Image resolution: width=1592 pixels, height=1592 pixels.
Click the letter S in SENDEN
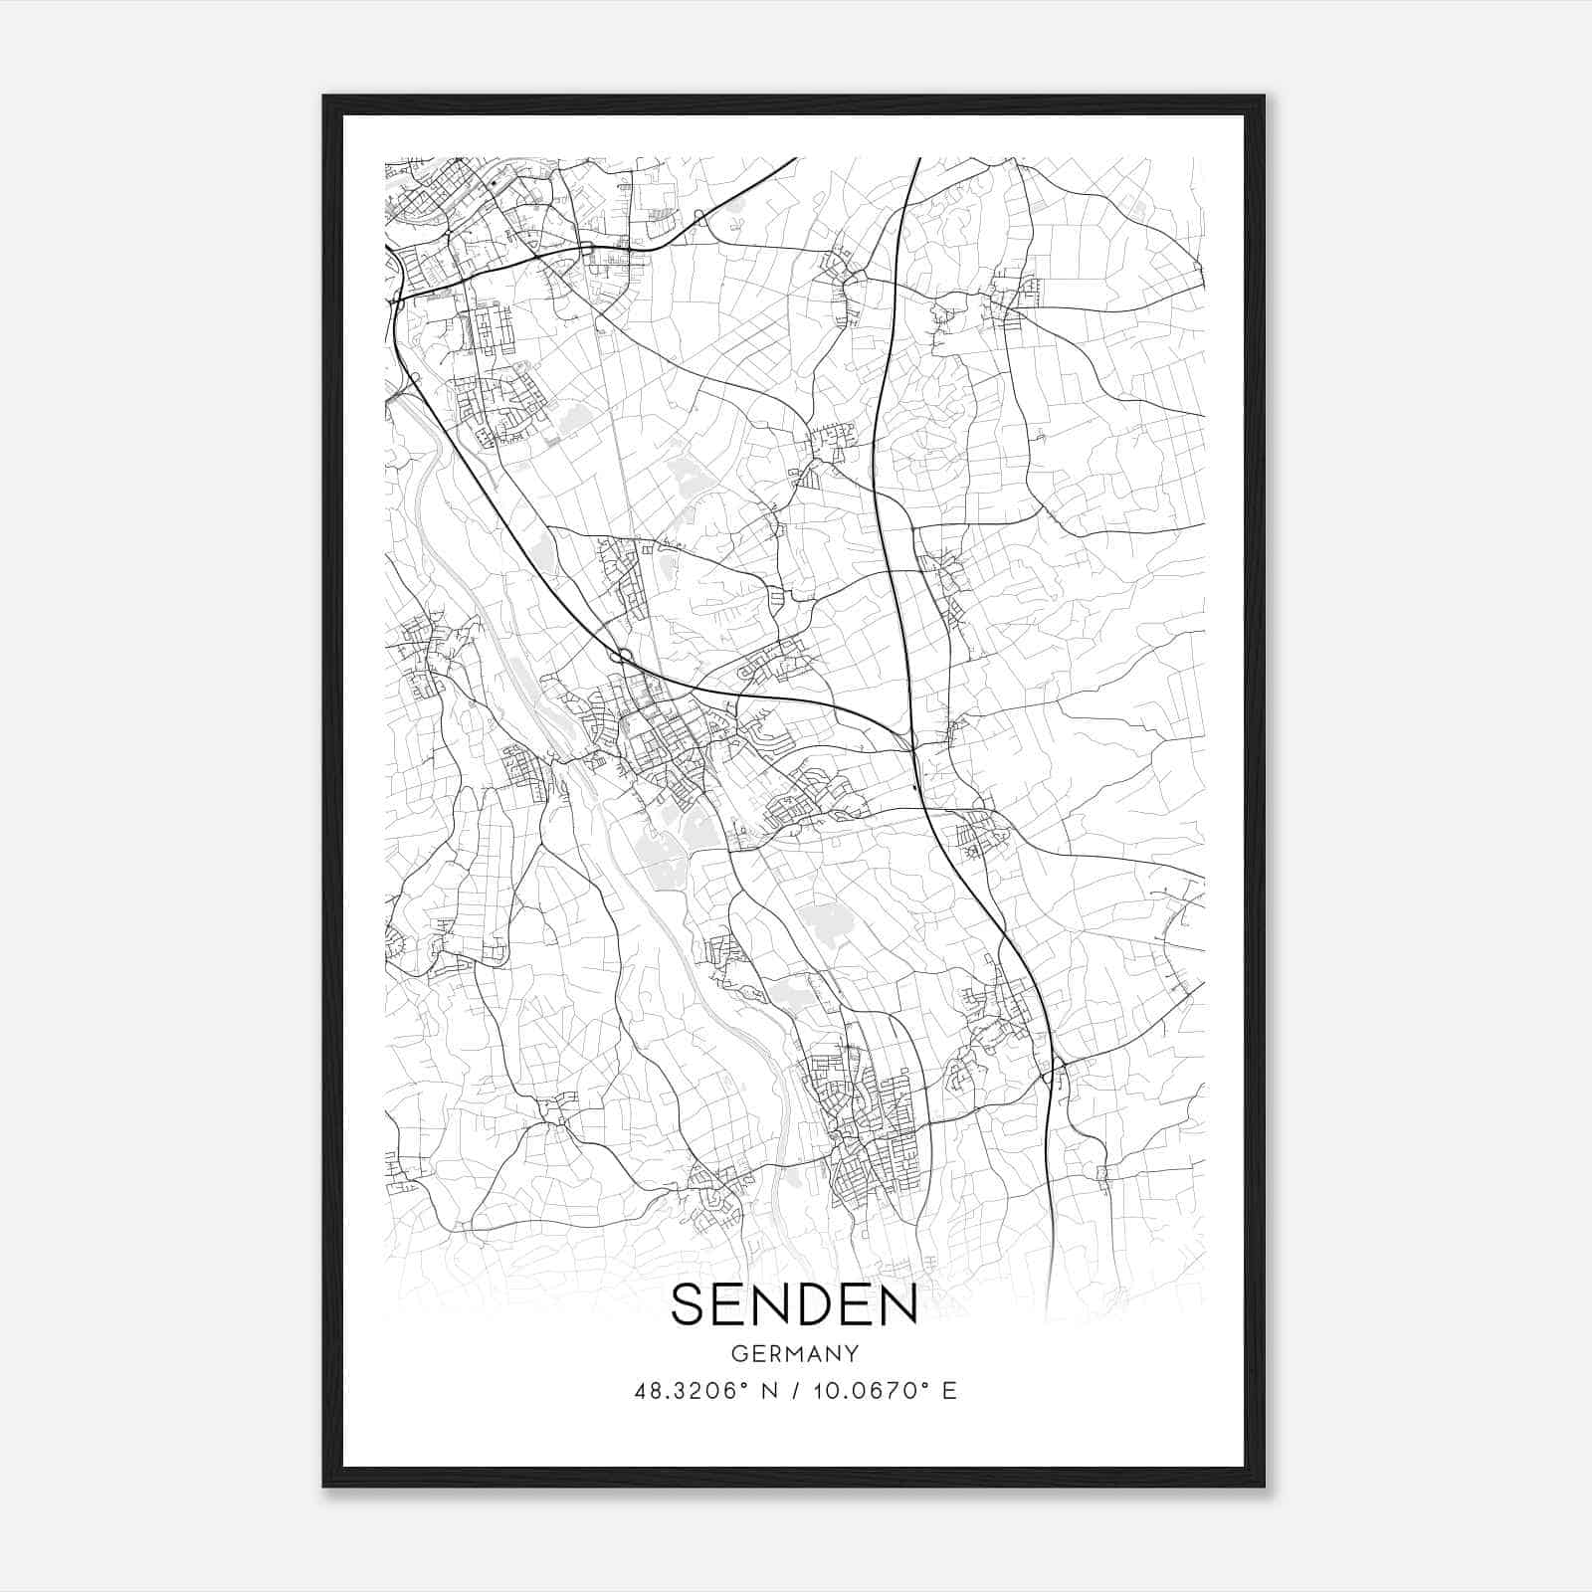[x=692, y=1304]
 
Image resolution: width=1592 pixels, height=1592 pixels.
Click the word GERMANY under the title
[x=795, y=1354]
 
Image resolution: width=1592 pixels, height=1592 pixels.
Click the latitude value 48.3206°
[x=690, y=1391]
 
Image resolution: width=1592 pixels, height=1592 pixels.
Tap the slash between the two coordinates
[x=795, y=1391]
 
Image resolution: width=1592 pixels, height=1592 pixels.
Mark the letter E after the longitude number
[x=950, y=1391]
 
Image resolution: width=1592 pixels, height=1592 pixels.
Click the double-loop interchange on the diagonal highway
[x=624, y=655]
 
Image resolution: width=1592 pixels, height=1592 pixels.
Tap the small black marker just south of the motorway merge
[x=915, y=791]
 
